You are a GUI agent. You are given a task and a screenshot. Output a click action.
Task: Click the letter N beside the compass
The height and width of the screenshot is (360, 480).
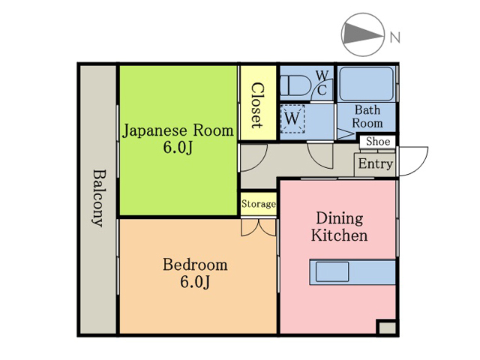pyautogui.click(x=395, y=37)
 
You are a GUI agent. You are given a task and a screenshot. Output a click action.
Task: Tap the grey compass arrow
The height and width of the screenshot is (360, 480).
pyautogui.click(x=363, y=33)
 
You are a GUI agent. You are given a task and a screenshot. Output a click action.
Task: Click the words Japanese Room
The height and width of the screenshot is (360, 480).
pyautogui.click(x=178, y=130)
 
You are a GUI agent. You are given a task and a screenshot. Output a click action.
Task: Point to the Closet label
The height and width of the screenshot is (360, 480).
pyautogui.click(x=257, y=105)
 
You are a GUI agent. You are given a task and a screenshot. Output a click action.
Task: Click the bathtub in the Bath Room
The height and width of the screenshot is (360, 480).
pyautogui.click(x=366, y=83)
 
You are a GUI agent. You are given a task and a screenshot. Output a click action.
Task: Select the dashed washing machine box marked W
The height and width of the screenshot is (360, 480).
pyautogui.click(x=292, y=118)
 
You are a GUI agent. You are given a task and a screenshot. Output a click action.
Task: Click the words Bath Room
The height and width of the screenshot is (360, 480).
pyautogui.click(x=367, y=117)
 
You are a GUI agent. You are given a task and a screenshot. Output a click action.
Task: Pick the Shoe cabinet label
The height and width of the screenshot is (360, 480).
pyautogui.click(x=378, y=142)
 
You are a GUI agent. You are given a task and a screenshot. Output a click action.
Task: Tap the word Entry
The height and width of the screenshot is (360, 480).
pyautogui.click(x=376, y=163)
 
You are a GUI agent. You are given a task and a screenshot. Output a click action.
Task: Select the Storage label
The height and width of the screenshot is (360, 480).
pyautogui.click(x=258, y=204)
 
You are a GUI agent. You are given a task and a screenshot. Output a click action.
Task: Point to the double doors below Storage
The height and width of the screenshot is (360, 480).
pyautogui.click(x=259, y=227)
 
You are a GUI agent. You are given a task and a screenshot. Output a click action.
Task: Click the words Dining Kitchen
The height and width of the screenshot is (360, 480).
pyautogui.click(x=340, y=226)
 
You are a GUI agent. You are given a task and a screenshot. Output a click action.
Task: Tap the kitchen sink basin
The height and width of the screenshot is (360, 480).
pyautogui.click(x=332, y=271)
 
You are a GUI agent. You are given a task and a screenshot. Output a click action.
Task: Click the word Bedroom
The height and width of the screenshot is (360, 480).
pyautogui.click(x=195, y=265)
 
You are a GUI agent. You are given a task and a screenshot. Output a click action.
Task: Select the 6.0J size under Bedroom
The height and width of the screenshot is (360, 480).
pyautogui.click(x=195, y=282)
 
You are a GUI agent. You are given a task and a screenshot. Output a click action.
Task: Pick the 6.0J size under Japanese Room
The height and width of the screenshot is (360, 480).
pyautogui.click(x=178, y=148)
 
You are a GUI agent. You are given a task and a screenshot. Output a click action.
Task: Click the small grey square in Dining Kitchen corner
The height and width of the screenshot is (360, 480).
pyautogui.click(x=387, y=328)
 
